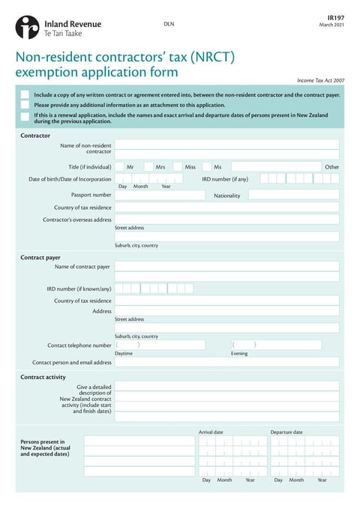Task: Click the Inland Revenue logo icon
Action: tap(26, 27)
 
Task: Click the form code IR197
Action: tap(336, 16)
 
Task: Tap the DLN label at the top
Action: tap(169, 25)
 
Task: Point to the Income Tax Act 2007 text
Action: tap(321, 79)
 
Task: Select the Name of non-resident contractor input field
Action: tap(226, 145)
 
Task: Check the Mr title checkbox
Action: tap(119, 167)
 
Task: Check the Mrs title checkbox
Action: tap(148, 167)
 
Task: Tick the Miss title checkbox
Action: tap(178, 167)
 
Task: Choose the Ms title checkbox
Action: tap(206, 167)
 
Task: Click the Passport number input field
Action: tap(160, 195)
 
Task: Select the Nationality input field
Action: tap(293, 195)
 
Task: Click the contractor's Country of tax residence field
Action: tap(226, 208)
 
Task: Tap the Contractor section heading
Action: tap(35, 136)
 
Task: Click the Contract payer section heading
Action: tap(40, 257)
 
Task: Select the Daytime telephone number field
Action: tap(160, 345)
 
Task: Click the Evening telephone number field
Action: tap(276, 345)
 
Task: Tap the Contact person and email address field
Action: tap(226, 362)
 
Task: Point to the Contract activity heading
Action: tap(43, 377)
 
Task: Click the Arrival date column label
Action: tap(211, 432)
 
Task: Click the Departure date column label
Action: tap(286, 432)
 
